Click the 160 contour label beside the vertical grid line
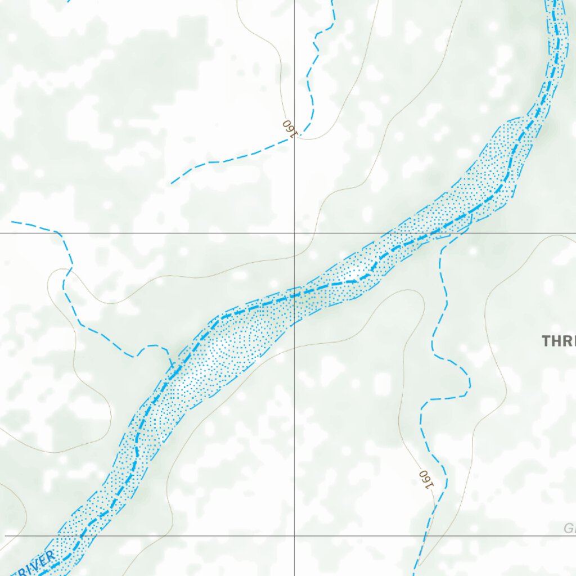pos(289,128)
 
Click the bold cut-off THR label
pos(559,341)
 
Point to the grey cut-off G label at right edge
pos(569,529)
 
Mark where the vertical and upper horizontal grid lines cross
pos(294,232)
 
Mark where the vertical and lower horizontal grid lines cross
pos(294,535)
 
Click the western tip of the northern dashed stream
pos(171,183)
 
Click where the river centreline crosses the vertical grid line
pos(294,293)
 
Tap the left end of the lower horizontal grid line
pos(6,535)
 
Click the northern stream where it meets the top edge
pos(332,1)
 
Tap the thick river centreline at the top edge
pos(555,1)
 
